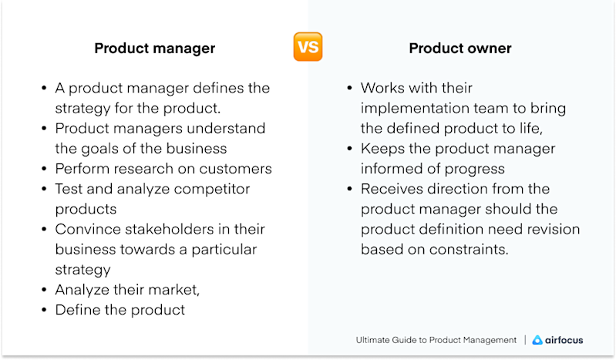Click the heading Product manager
[x=154, y=49]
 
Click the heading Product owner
[x=459, y=49]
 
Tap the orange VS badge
[x=308, y=47]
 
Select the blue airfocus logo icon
[x=537, y=340]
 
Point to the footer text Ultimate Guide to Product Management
[x=436, y=340]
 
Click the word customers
[x=235, y=168]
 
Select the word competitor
[x=210, y=188]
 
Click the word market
[x=174, y=290]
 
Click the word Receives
[x=392, y=188]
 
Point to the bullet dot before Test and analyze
[x=45, y=189]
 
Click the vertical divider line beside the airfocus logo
[x=525, y=340]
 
